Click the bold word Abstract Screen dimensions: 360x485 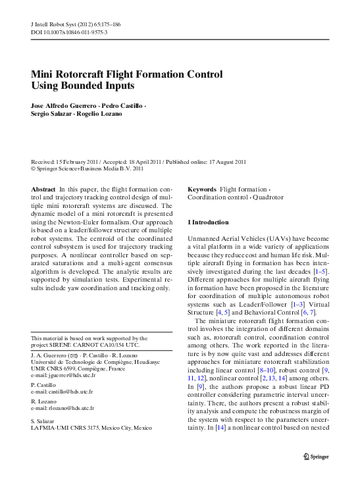pyautogui.click(x=43, y=189)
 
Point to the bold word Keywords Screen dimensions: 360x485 pyautogui.click(x=202, y=189)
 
